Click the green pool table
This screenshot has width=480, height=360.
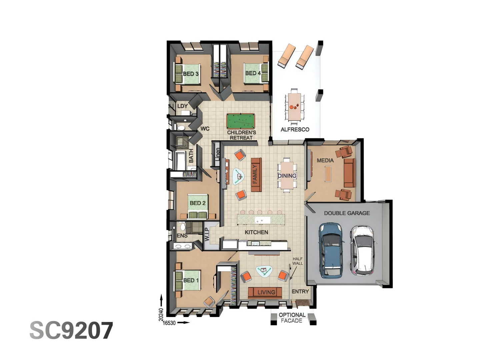(241, 121)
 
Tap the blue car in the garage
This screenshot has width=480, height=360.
(330, 251)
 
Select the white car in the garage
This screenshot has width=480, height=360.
(362, 251)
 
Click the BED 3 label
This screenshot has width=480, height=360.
(191, 74)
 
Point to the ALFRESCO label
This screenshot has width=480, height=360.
(295, 129)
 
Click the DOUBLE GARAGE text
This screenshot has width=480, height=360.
(347, 213)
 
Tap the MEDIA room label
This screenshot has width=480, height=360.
(325, 160)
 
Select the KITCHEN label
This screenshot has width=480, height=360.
(256, 232)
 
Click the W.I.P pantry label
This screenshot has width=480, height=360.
(207, 234)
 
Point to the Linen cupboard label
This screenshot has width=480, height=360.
(217, 154)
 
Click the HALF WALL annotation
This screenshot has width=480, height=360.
(297, 261)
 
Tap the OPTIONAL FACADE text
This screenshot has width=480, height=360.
(292, 318)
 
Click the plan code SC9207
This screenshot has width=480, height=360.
(71, 331)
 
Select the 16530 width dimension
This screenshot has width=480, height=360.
(169, 323)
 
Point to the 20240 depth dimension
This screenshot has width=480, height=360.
(161, 314)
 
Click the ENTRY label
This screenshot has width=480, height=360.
(300, 291)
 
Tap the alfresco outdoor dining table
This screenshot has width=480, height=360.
(294, 106)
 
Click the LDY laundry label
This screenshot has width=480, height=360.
(182, 106)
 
